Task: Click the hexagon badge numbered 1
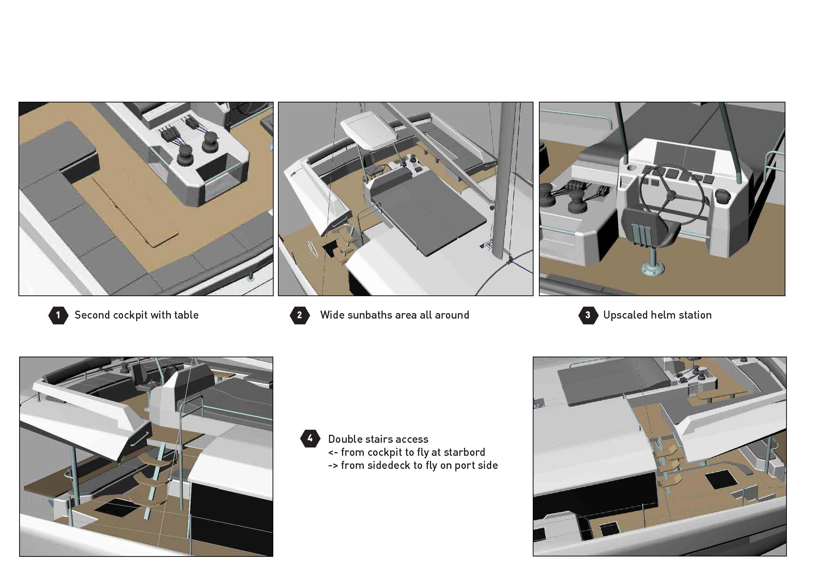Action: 58,315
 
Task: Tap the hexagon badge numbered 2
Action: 300,315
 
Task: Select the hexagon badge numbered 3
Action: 588,315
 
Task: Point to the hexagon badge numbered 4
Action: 310,439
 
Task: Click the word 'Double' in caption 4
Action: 345,439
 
